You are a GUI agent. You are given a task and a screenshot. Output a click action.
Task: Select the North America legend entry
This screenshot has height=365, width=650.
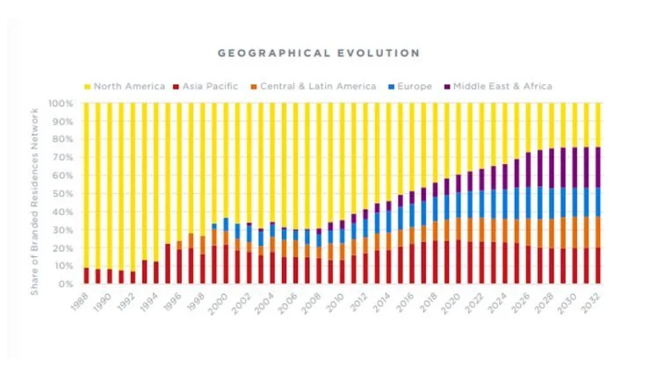[127, 86]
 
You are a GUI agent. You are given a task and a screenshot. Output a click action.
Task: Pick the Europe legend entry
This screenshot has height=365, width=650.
[413, 86]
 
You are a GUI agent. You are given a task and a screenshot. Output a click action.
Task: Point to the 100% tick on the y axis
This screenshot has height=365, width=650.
[61, 104]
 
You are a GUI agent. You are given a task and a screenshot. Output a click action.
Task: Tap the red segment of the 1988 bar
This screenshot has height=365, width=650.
[86, 276]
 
